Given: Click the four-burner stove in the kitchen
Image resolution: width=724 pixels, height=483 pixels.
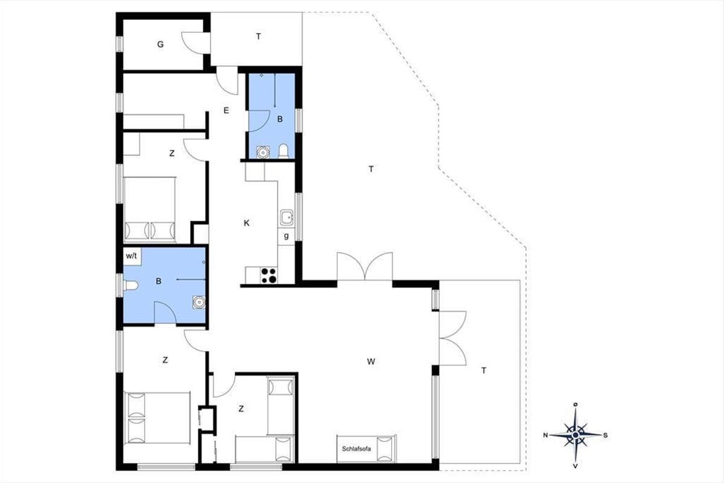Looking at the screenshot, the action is [269, 275].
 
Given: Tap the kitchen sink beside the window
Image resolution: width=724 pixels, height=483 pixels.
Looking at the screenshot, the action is [287, 217].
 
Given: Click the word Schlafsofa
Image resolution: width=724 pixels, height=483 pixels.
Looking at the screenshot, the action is [357, 449].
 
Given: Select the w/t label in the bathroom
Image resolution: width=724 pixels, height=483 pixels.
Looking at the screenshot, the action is [132, 256].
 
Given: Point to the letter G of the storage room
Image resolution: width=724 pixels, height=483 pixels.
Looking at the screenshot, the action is [160, 44].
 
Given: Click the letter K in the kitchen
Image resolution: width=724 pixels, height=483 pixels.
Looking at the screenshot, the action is [247, 223].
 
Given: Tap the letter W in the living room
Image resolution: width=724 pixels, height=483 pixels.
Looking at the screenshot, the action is [371, 362].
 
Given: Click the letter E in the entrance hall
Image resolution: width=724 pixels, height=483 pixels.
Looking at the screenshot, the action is [226, 110].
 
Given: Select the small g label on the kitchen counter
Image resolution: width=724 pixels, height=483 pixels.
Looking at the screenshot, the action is [286, 236].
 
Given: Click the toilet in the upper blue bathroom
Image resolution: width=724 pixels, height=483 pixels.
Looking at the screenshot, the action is [284, 152].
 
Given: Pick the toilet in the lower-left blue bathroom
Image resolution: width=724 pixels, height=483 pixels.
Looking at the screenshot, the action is [130, 286].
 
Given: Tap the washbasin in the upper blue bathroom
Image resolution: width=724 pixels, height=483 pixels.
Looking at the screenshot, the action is [263, 152].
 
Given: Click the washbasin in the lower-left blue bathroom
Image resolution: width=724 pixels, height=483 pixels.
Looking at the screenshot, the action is [198, 302].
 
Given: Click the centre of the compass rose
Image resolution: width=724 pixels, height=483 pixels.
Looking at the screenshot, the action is [576, 435].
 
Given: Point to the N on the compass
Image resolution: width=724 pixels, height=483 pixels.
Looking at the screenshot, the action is [545, 435].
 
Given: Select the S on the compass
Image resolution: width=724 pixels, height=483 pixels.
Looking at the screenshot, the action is [605, 435].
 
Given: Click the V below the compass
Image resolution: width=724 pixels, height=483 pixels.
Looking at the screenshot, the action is [576, 466].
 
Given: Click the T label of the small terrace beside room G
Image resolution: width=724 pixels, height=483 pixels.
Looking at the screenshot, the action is [259, 37].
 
